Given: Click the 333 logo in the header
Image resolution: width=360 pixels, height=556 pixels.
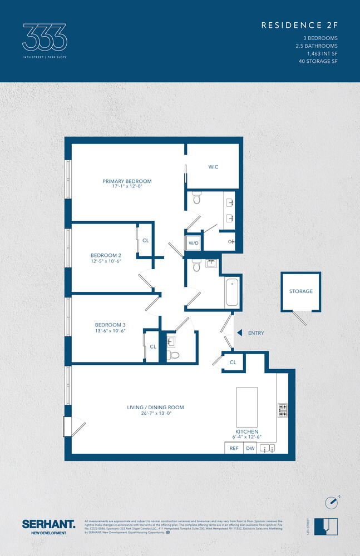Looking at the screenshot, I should coord(45,37).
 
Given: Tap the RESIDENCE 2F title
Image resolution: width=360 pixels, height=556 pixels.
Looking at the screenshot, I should coord(299,26).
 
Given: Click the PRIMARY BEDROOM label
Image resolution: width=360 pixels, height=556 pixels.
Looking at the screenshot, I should coord(127,181).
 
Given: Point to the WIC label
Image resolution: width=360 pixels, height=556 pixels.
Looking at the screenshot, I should coord(213,167).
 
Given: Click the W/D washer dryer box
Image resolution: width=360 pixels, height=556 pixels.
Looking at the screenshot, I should coord(194,243).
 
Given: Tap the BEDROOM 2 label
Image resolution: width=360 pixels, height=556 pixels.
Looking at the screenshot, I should coord(106,255).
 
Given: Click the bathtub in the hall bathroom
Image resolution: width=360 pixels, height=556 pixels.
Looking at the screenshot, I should coord(232,293).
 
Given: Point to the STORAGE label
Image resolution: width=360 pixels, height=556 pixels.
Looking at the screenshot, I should coord(300,291).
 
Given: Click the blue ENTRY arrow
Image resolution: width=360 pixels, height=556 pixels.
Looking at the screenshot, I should coord(239,333).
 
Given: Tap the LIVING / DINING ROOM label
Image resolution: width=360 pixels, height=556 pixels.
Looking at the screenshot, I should coord(155,408).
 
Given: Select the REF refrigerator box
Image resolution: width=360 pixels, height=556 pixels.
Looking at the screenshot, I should coord(234,448).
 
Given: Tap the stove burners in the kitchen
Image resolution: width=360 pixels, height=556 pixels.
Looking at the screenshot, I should coord(282,410).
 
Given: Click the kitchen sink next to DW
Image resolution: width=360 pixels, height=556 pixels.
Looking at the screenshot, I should coord(268,448).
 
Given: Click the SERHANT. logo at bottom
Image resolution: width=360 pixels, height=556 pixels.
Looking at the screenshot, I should coord(48,524).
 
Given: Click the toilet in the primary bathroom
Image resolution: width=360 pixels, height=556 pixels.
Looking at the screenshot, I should coord(196,197).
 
